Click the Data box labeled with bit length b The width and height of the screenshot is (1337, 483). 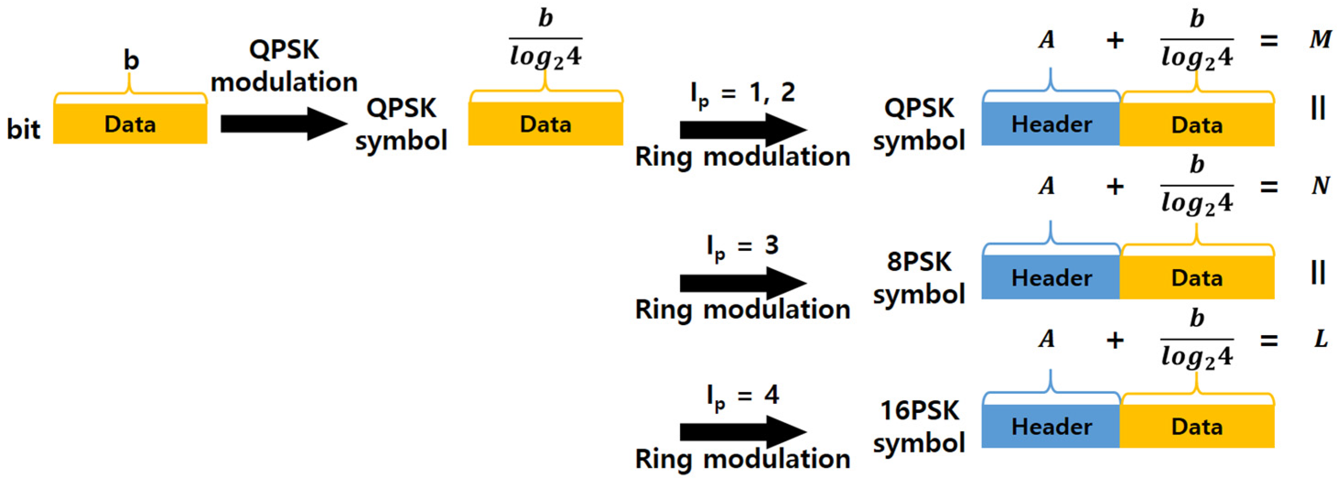pos(130,124)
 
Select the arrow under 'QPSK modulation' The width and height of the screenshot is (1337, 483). pos(283,124)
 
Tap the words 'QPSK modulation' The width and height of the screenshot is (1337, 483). pos(284,66)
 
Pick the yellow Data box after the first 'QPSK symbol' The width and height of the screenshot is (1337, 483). pos(546,124)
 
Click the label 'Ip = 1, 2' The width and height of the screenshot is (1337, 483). pos(742,93)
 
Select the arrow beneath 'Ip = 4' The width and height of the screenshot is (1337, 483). pos(742,432)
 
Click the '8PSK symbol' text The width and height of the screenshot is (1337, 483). pos(918,277)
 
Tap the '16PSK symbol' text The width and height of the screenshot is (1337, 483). pos(918,426)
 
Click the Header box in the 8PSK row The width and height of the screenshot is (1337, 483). pos(1051,277)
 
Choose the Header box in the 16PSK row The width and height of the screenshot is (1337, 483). pos(1051,426)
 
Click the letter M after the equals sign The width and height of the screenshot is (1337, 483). pos(1320,39)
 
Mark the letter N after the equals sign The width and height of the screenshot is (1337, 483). pos(1321,185)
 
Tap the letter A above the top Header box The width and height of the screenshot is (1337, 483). pos(1047,39)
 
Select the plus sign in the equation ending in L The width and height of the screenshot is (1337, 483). pos(1115,340)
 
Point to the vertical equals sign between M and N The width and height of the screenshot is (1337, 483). pos(1318,108)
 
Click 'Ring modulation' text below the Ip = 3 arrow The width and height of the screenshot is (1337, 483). pos(742,310)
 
